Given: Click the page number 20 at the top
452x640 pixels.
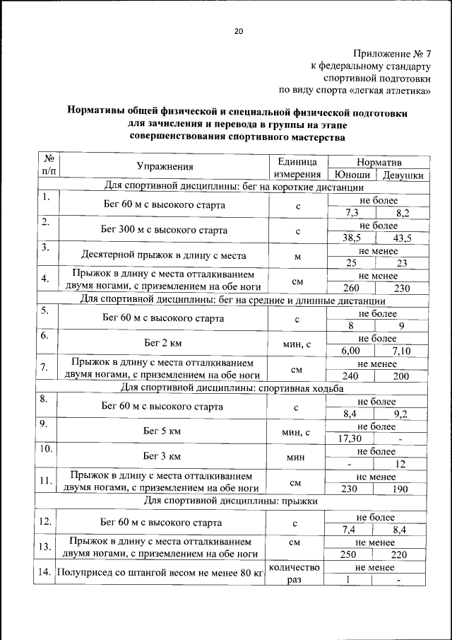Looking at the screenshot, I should (239, 31).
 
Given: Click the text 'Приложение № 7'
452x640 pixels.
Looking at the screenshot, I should (393, 53).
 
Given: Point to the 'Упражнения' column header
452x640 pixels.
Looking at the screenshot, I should (165, 168).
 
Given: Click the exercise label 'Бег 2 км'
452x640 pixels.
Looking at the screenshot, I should (163, 342).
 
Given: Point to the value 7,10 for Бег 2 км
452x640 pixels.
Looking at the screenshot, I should (400, 350).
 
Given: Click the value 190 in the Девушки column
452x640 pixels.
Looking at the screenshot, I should (400, 489).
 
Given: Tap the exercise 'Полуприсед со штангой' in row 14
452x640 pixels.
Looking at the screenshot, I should (160, 574).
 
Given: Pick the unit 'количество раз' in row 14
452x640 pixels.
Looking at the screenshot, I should (295, 574).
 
